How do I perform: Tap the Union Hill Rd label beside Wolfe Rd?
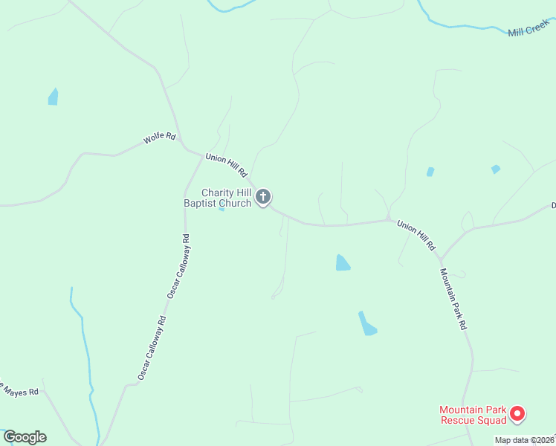[226, 165]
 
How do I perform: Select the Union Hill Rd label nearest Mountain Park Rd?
[416, 234]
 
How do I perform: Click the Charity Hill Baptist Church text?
[216, 198]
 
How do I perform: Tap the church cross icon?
[262, 197]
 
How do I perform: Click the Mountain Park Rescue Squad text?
[472, 415]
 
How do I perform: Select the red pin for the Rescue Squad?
[518, 413]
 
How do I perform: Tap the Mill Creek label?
[528, 30]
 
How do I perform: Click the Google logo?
[25, 437]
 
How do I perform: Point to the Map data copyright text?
[525, 440]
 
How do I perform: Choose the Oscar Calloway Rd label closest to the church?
[179, 267]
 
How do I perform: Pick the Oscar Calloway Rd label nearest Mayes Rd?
[152, 349]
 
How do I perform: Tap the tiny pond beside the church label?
[221, 209]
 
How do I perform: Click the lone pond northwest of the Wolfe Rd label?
[53, 97]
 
